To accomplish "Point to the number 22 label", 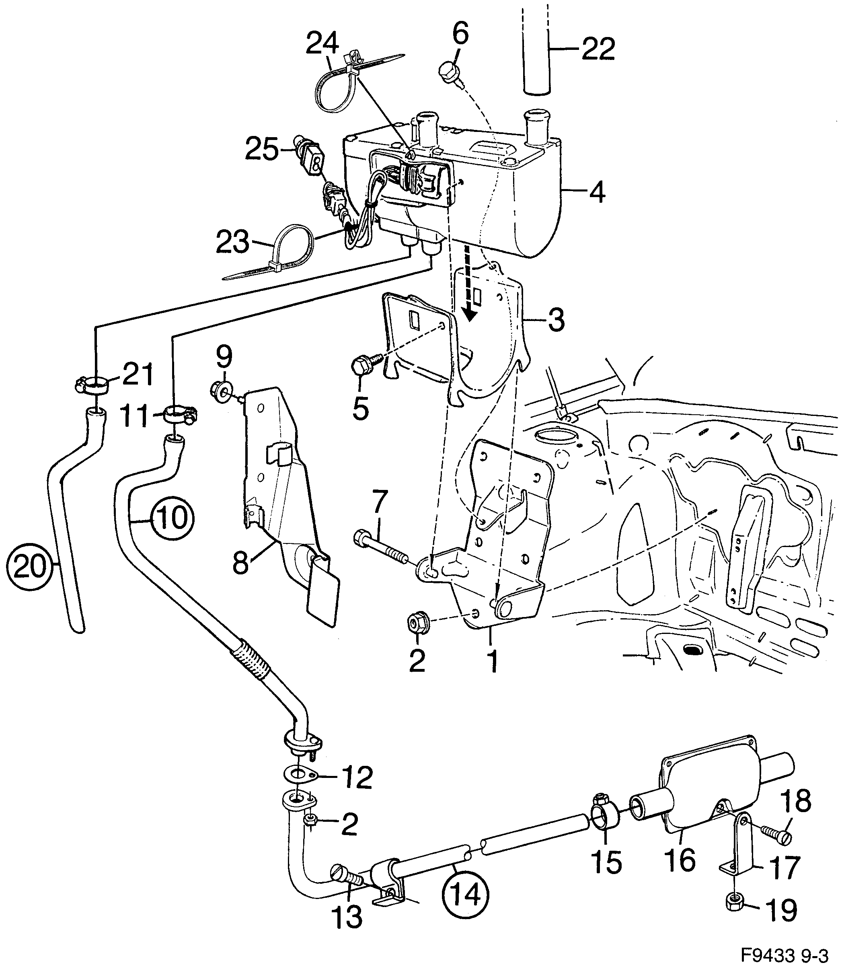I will pyautogui.click(x=598, y=49).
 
